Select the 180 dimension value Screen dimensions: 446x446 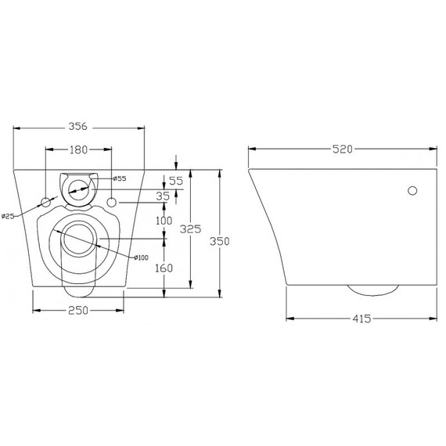[x=78, y=148]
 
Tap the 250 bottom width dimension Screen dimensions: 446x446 [x=78, y=311]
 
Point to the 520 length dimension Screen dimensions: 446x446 [x=341, y=148]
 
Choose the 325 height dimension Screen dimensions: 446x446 [x=190, y=229]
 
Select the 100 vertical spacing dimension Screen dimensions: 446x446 [x=164, y=221]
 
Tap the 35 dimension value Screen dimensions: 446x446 [x=163, y=196]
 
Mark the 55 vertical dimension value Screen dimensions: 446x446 [x=175, y=181]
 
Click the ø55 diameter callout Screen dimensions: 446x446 [x=119, y=179]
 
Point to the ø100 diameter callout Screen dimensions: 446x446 [x=140, y=258]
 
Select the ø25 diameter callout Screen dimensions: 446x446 [x=9, y=216]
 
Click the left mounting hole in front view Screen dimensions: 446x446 [x=46, y=203]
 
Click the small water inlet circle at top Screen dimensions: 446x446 [x=79, y=186]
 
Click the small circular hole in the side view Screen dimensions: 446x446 [x=412, y=190]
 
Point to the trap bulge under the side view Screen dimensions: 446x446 [x=372, y=290]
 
